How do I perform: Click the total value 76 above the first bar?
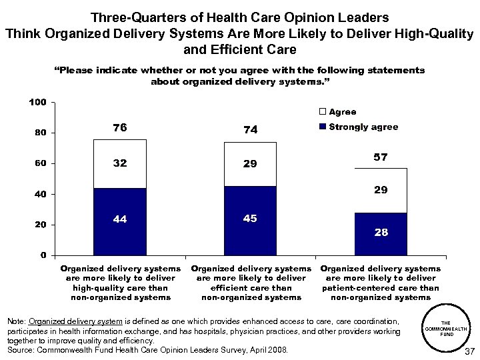[120, 128]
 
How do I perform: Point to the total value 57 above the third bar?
[380, 157]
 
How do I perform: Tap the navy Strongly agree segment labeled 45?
[250, 221]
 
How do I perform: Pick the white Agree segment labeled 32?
[120, 164]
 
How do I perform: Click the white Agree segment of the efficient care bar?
[250, 164]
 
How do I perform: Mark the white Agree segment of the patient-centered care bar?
[380, 191]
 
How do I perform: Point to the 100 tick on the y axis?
[37, 102]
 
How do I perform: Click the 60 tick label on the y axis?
[40, 163]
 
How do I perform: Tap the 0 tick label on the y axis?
[43, 255]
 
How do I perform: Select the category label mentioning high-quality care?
[120, 283]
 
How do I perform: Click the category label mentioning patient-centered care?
[380, 283]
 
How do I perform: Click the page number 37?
[468, 351]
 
